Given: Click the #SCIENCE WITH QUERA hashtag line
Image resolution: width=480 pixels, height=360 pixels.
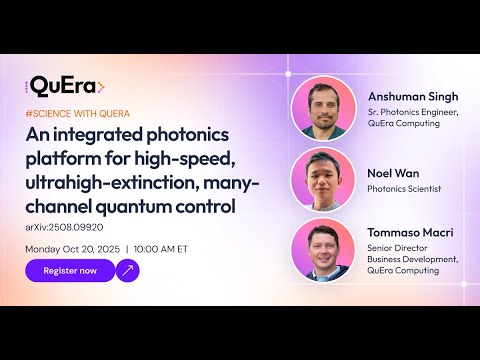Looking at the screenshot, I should click(x=77, y=114).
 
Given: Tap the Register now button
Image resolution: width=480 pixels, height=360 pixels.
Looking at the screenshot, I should click(x=69, y=270).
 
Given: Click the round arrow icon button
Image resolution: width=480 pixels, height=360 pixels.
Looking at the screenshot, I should click(x=128, y=270).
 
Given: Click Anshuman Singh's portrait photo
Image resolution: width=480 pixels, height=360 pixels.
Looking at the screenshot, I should click(x=322, y=108).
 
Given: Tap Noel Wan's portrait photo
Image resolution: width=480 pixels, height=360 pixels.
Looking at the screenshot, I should click(x=322, y=178).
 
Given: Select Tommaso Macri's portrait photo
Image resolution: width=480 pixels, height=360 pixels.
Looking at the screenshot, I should click(x=322, y=249).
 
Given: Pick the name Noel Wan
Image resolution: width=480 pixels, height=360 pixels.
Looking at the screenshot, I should click(x=392, y=171).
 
